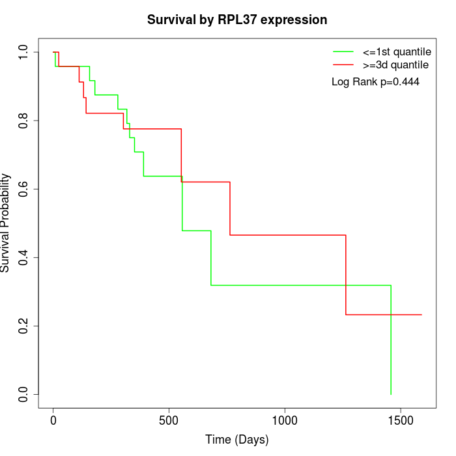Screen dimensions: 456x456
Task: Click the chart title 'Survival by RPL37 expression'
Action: pos(237,20)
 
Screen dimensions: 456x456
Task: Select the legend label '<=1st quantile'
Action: pos(397,51)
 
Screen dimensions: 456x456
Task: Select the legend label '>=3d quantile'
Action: pos(395,65)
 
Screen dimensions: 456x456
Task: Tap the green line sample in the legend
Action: pos(343,51)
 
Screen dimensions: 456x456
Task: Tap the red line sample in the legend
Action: pos(343,65)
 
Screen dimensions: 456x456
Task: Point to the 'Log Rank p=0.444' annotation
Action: pos(375,82)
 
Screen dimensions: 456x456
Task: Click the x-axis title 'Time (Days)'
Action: pos(237,440)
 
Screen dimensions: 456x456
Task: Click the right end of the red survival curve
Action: pos(421,315)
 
